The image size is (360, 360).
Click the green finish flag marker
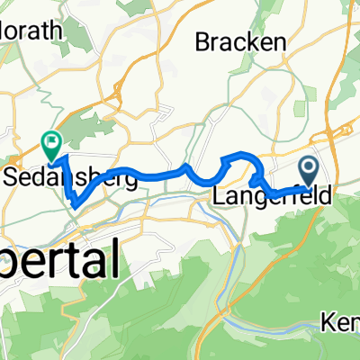click(51, 140)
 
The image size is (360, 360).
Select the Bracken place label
click(240, 41)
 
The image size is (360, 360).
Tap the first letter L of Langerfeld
click(218, 193)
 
